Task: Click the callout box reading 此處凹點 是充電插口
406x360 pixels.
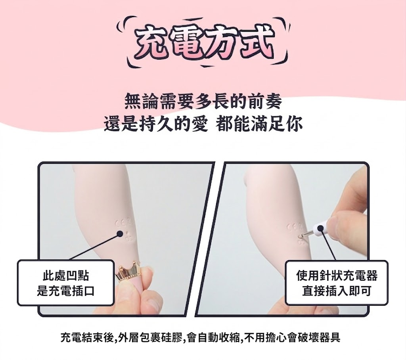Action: [x=65, y=283]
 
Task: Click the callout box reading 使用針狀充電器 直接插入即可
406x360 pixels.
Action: [x=337, y=283]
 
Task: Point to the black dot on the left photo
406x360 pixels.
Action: [x=120, y=234]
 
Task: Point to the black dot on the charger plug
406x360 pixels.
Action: [x=320, y=228]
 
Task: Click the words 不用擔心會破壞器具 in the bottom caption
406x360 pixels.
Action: [x=291, y=337]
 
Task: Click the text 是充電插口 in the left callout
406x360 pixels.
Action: [x=65, y=291]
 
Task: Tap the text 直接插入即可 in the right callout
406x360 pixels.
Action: [x=337, y=291]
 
